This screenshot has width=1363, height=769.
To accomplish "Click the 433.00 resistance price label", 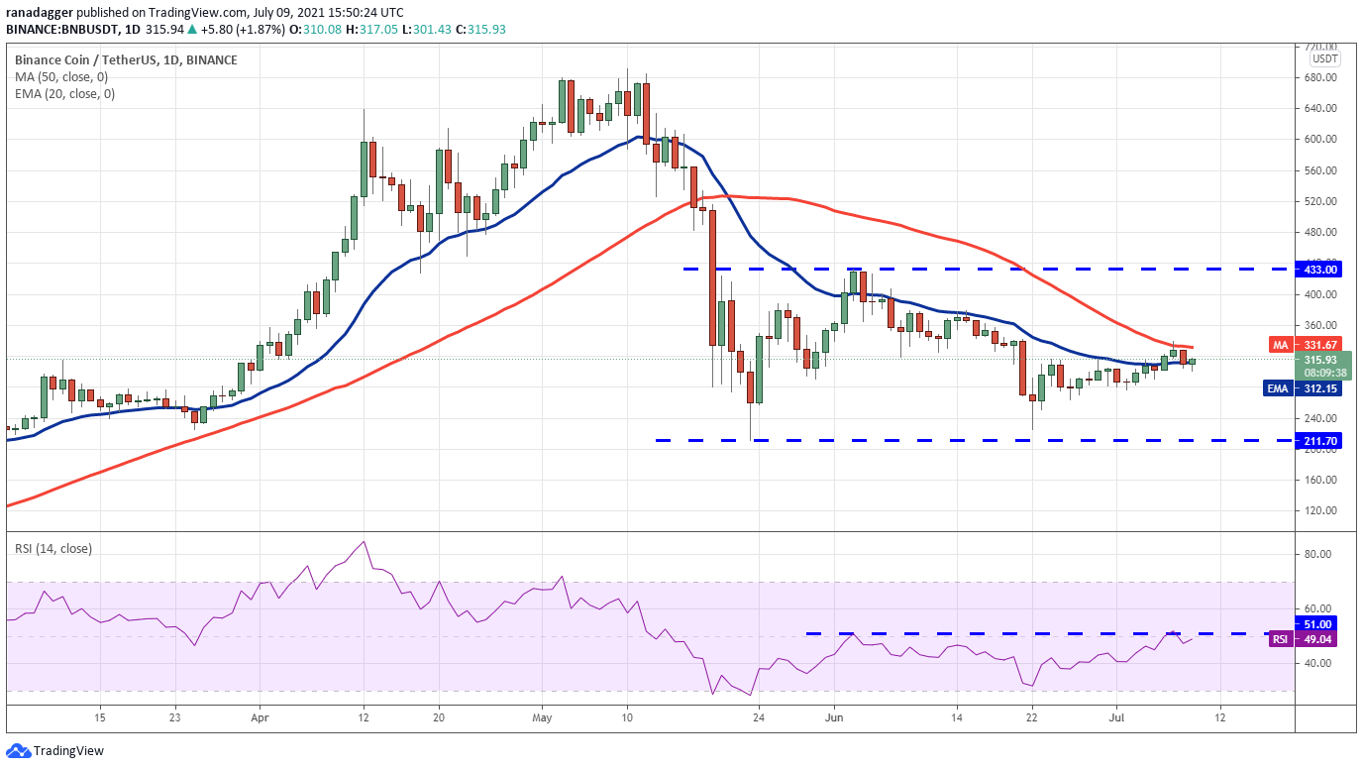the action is [x=1318, y=270].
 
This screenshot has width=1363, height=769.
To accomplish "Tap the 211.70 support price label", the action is [x=1318, y=441].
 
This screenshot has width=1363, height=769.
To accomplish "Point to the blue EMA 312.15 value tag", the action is [x=1303, y=388].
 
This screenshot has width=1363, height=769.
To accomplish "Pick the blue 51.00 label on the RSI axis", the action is [x=1315, y=624].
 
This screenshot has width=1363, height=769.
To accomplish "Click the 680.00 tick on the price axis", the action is [x=1319, y=77].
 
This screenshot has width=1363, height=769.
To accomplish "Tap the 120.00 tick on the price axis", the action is [x=1319, y=510].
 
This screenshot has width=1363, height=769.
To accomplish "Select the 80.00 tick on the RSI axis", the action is [x=1317, y=554].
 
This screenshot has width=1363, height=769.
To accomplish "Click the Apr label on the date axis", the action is [x=260, y=717].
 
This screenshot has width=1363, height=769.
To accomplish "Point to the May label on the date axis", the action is [x=542, y=717].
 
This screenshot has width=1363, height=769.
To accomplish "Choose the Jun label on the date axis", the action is [x=834, y=717].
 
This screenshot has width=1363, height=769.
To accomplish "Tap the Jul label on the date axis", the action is [x=1116, y=717].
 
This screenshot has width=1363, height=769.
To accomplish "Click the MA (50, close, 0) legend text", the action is [x=60, y=77].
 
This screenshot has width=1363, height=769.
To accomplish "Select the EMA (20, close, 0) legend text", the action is [x=64, y=94].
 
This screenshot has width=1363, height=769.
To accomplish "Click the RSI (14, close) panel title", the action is [x=53, y=549].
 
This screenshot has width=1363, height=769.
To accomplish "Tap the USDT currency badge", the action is [x=1324, y=58].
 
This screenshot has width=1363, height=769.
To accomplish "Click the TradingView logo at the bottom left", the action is [x=54, y=751].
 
